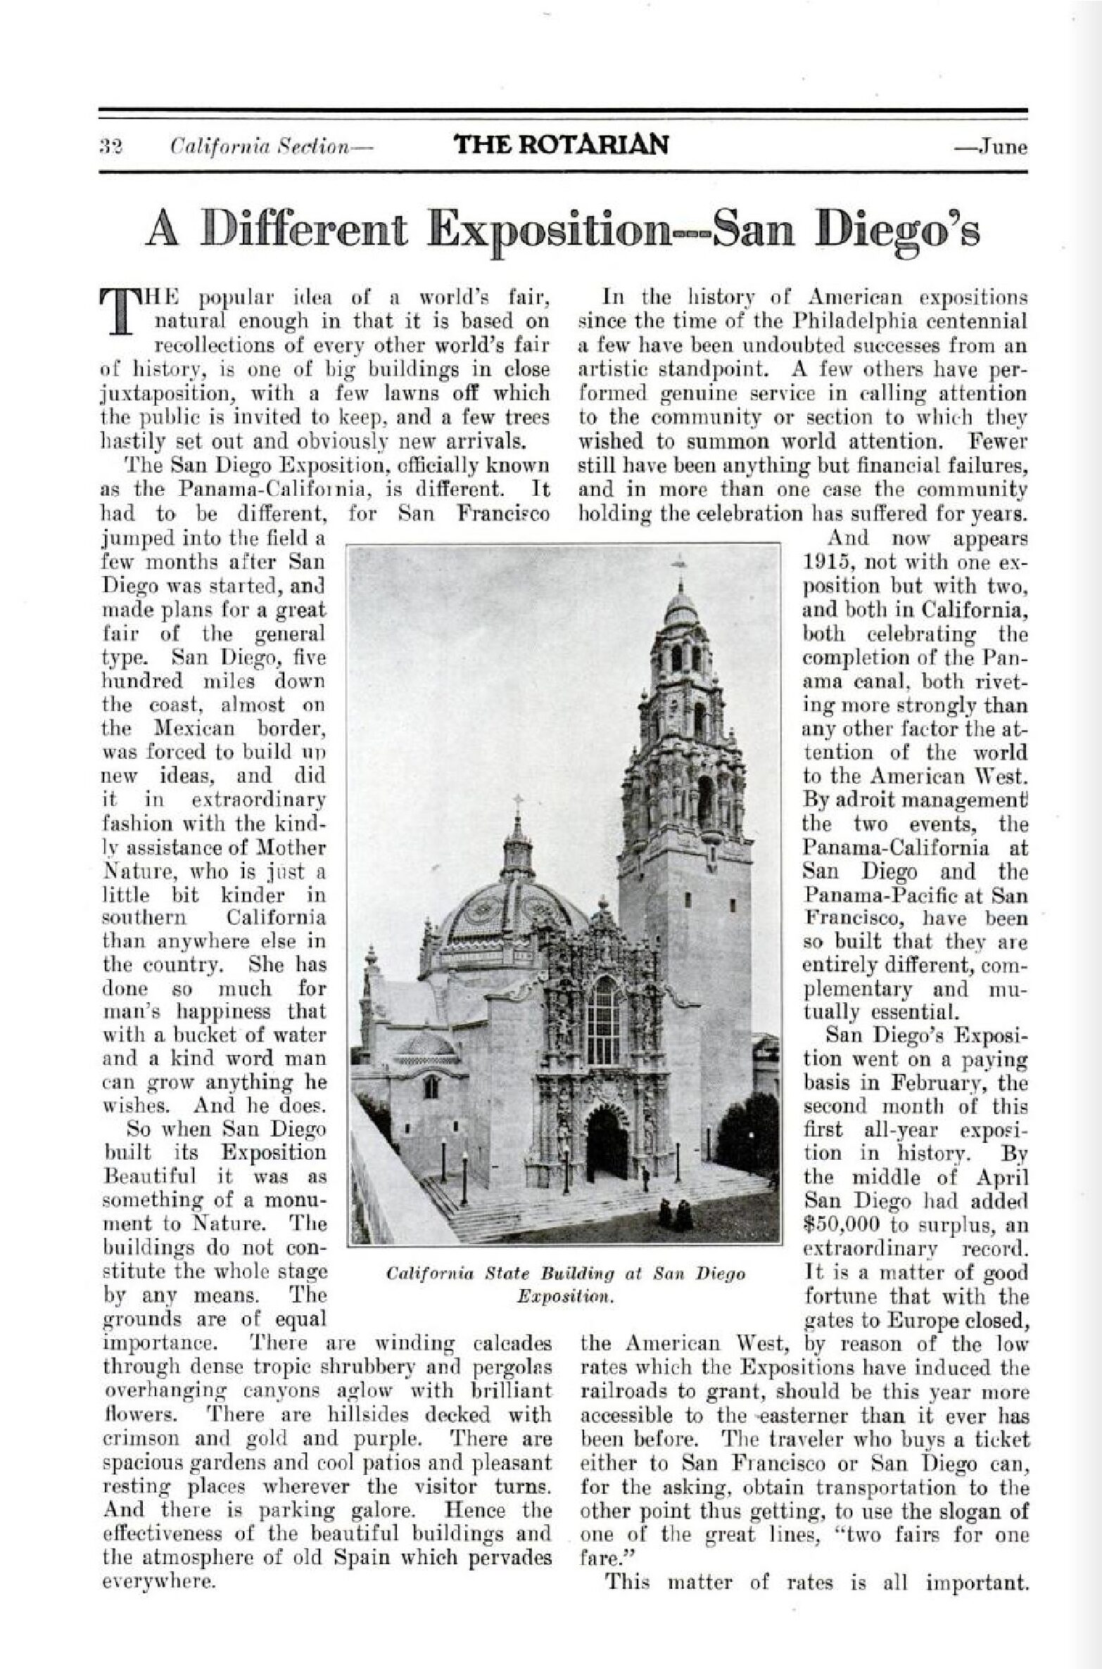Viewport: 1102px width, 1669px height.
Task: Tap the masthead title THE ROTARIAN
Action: click(561, 144)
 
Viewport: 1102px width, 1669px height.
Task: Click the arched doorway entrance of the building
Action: click(607, 1143)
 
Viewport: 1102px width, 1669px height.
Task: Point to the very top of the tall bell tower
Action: click(680, 563)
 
